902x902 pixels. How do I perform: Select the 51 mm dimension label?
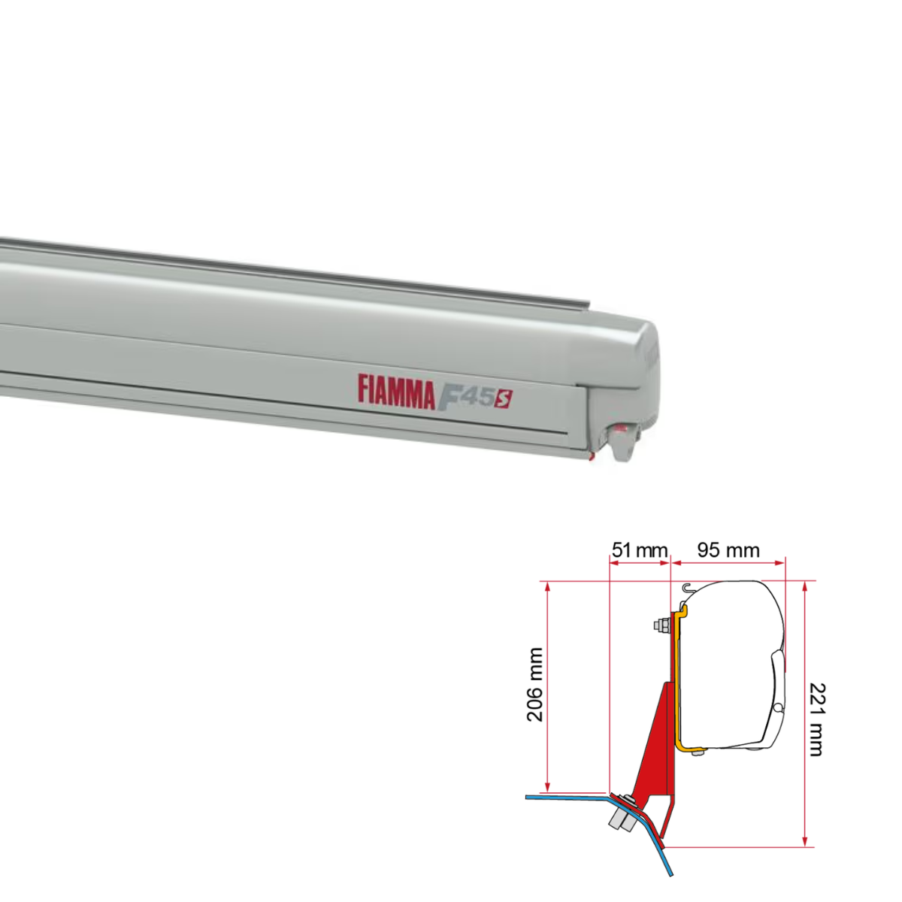pos(640,550)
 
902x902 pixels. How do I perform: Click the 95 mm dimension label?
pos(728,550)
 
